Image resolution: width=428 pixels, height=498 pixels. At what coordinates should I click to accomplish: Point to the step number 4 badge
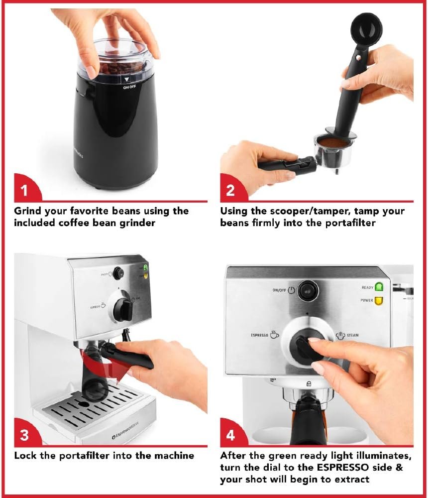tap(230, 434)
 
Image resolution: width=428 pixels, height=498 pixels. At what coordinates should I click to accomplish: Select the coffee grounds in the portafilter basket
tap(331, 143)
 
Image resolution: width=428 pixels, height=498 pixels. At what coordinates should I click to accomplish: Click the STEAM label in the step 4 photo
tap(352, 335)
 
